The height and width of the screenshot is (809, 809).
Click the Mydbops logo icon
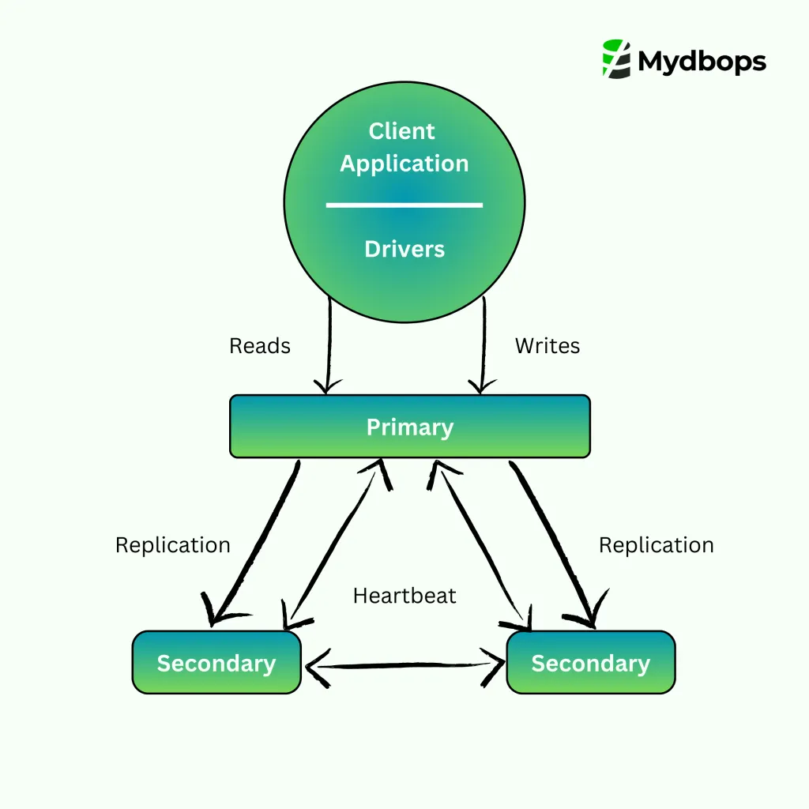pyautogui.click(x=616, y=58)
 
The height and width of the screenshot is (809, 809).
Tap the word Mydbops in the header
pyautogui.click(x=702, y=60)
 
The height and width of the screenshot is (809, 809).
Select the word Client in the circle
pyautogui.click(x=402, y=131)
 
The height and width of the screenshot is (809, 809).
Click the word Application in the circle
pyautogui.click(x=404, y=164)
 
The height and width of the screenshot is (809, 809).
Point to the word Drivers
pyautogui.click(x=404, y=249)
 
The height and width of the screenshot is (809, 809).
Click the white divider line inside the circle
pyautogui.click(x=404, y=205)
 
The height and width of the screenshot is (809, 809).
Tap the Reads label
pyautogui.click(x=260, y=346)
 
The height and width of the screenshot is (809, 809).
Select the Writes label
pyautogui.click(x=547, y=346)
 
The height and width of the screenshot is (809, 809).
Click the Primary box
pyautogui.click(x=409, y=427)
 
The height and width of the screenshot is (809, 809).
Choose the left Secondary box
pyautogui.click(x=216, y=663)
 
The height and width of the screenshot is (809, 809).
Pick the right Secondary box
pyautogui.click(x=590, y=663)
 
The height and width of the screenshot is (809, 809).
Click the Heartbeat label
pyautogui.click(x=404, y=595)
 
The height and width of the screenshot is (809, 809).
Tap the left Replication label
pyautogui.click(x=173, y=545)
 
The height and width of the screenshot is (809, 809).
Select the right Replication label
pyautogui.click(x=657, y=545)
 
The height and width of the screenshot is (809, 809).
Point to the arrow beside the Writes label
pyautogui.click(x=483, y=348)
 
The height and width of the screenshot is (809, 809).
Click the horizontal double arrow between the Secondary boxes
pyautogui.click(x=404, y=665)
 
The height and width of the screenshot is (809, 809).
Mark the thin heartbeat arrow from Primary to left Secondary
pyautogui.click(x=332, y=545)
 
